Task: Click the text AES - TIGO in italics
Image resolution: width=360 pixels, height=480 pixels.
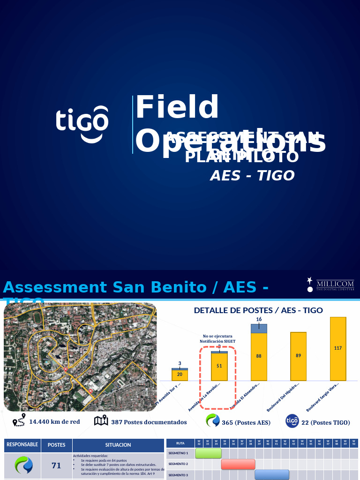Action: [x=252, y=176]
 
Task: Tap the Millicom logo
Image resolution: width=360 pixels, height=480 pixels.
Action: [x=332, y=285]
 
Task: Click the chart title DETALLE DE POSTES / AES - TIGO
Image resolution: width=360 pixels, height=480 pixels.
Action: [x=258, y=310]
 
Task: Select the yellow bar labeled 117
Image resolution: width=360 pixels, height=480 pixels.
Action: [x=338, y=349]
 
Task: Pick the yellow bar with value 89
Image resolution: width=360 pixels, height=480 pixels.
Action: [x=298, y=356]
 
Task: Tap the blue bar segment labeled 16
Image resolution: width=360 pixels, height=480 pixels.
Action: [x=259, y=328]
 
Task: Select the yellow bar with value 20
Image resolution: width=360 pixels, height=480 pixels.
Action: [x=180, y=375]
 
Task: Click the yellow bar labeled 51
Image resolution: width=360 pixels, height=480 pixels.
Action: [x=219, y=367]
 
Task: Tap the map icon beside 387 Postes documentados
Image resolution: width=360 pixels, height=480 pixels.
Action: [x=101, y=421]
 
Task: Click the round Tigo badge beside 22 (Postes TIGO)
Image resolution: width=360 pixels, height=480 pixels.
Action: [x=292, y=421]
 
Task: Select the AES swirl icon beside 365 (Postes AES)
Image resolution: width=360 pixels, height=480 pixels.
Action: [x=213, y=421]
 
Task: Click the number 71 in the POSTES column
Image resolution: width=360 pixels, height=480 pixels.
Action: [x=56, y=465]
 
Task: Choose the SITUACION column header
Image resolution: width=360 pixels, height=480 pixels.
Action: [x=118, y=445]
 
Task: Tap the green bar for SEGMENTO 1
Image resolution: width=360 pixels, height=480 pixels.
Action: [x=208, y=453]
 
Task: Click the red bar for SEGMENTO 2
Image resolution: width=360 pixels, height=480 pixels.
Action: [x=238, y=464]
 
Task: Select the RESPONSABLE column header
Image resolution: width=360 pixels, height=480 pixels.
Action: [x=22, y=444]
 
